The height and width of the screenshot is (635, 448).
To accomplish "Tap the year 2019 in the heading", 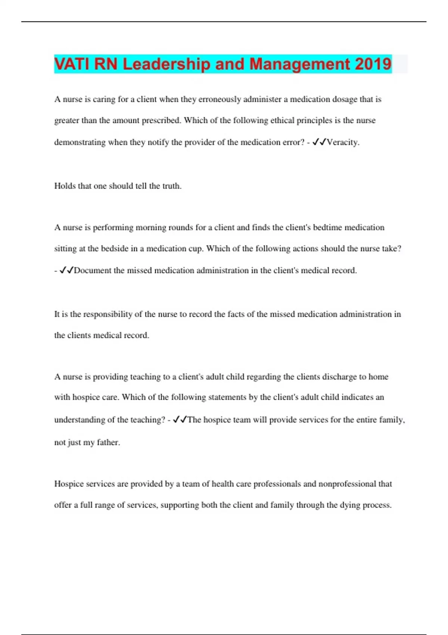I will pos(373,64).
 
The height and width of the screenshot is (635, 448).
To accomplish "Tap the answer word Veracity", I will pos(343,142).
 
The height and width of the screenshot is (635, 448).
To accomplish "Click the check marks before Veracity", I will pos(319,142).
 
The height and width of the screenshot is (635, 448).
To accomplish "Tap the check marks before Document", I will pos(66,270).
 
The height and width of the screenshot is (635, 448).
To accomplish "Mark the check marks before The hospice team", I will pos(180,419).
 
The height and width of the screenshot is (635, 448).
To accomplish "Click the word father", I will pos(108,443).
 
